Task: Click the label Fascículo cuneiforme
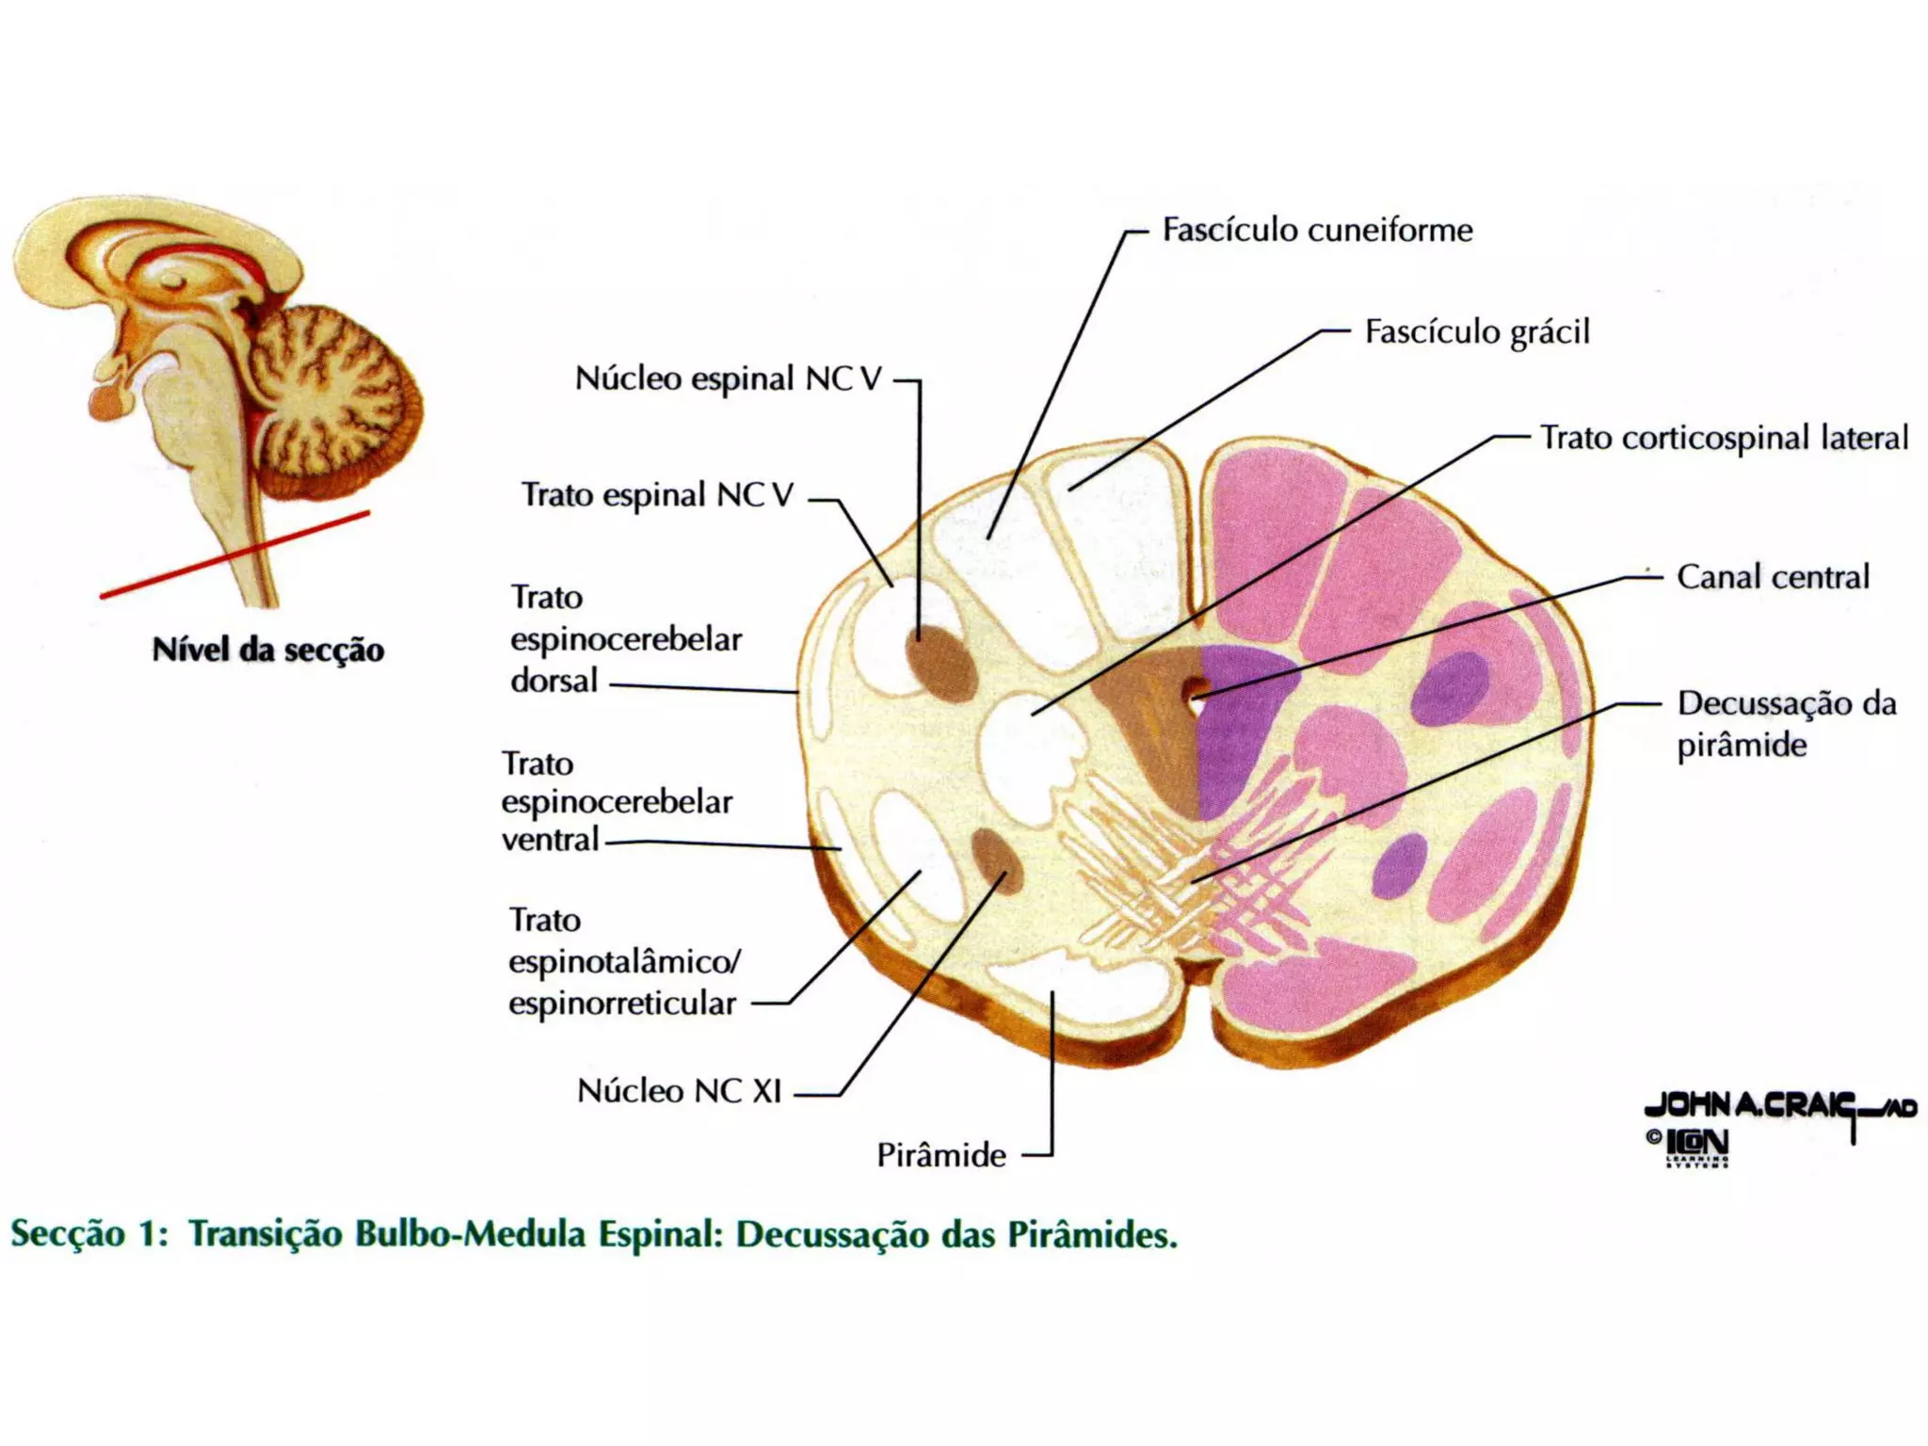pyautogui.click(x=1316, y=231)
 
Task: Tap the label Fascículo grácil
pyautogui.click(x=1476, y=332)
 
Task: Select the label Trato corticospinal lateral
pyautogui.click(x=1723, y=439)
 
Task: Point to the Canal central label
pyautogui.click(x=1773, y=577)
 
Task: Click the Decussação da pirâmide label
pyautogui.click(x=1786, y=724)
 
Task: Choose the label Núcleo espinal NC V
pyautogui.click(x=728, y=379)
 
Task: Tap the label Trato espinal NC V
pyautogui.click(x=657, y=495)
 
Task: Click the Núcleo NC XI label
pyautogui.click(x=679, y=1091)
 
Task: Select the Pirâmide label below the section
pyautogui.click(x=940, y=1155)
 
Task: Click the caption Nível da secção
pyautogui.click(x=268, y=650)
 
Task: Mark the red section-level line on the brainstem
pyautogui.click(x=235, y=554)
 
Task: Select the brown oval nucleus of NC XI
pyautogui.click(x=996, y=860)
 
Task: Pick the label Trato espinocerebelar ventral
pyautogui.click(x=617, y=802)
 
